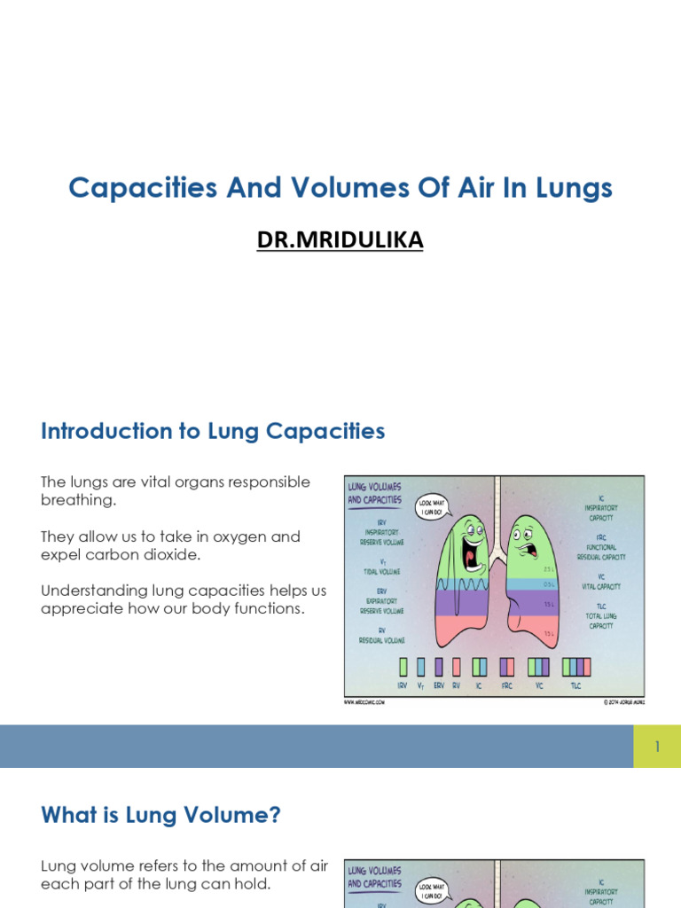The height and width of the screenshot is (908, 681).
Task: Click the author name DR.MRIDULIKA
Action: pos(340,239)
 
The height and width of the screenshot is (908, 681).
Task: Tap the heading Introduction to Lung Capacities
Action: pos(213,432)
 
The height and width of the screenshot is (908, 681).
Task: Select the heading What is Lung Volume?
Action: pos(160,815)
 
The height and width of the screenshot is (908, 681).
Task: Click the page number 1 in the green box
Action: pos(657,747)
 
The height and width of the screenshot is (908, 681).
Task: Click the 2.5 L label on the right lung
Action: pos(549,569)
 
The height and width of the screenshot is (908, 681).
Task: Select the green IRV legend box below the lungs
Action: pos(403,666)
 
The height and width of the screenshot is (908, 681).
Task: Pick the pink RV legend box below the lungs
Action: pos(456,666)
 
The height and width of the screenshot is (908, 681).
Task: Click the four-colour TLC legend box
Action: pos(576,666)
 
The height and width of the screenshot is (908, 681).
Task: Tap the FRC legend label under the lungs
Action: pos(506,686)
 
